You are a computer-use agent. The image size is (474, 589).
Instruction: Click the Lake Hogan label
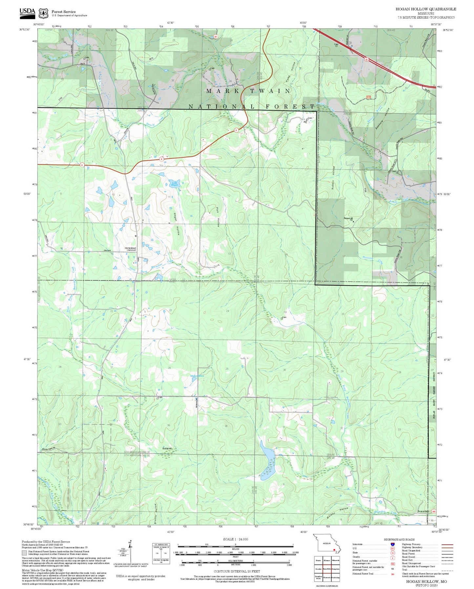175,184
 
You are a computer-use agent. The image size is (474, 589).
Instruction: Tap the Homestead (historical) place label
130,249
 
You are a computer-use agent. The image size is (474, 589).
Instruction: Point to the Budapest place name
167,448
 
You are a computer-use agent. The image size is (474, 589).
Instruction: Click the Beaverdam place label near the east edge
423,511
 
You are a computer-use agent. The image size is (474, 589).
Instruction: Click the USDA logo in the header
27,12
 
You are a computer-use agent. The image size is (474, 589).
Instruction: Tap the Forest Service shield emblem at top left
43,13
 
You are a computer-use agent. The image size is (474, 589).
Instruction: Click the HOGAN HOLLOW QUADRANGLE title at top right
425,9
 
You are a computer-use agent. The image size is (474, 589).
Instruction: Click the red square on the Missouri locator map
334,549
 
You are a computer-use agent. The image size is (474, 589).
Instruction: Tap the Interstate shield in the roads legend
392,544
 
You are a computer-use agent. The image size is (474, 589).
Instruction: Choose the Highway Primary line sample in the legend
447,544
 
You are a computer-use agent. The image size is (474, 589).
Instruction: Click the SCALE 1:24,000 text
235,539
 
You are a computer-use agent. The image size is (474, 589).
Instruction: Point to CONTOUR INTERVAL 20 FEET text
237,572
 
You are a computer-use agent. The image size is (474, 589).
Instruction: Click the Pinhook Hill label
349,218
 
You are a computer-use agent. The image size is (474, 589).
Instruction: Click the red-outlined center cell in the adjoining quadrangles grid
327,569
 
